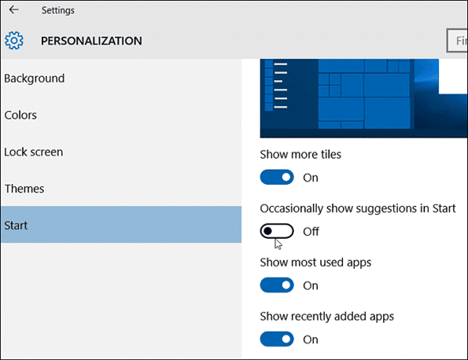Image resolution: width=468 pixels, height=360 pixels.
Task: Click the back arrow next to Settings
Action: click(13, 10)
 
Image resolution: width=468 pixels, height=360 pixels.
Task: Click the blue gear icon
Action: click(13, 40)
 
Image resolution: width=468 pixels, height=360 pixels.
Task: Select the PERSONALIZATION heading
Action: click(91, 41)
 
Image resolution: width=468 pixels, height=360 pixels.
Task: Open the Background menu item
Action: click(35, 79)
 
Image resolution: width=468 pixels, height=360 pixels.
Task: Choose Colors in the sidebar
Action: click(20, 115)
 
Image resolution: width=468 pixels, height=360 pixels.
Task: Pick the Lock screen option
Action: click(33, 152)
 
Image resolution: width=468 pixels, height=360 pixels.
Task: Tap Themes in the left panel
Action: click(24, 189)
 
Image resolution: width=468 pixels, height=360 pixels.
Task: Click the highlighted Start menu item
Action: click(121, 225)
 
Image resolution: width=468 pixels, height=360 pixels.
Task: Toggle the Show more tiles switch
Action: click(277, 177)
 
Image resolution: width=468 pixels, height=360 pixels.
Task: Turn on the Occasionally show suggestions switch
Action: click(277, 231)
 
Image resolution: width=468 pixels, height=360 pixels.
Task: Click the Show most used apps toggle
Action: click(277, 285)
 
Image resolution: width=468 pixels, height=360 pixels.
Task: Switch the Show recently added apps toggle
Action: click(277, 339)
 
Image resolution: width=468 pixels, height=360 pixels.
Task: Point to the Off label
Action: click(311, 231)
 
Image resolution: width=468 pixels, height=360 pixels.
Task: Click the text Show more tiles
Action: click(300, 155)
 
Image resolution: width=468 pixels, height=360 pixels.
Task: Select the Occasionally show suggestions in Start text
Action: click(358, 208)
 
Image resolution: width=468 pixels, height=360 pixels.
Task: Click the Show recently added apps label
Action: click(327, 317)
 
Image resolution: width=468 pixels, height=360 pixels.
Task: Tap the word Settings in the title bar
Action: click(58, 10)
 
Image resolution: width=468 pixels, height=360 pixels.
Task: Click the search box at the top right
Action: click(457, 40)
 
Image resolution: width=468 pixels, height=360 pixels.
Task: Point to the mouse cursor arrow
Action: click(278, 244)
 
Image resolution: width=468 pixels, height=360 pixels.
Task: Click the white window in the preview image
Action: click(453, 76)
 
